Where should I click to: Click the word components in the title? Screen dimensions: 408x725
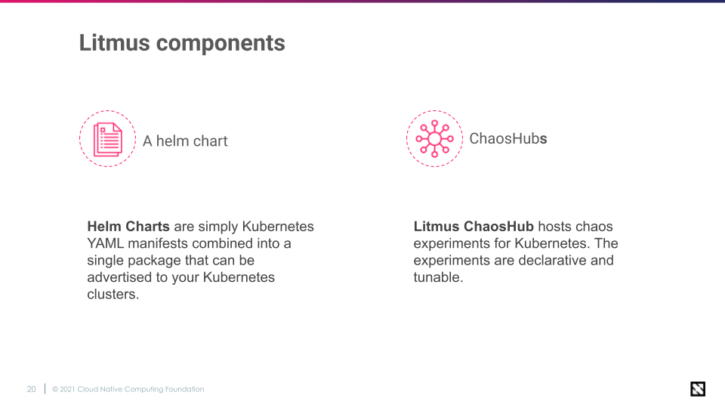tap(221, 43)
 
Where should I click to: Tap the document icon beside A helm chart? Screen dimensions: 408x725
tap(107, 139)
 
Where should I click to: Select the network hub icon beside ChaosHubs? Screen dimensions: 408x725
tap(434, 138)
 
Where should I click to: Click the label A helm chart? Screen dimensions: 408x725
tap(185, 141)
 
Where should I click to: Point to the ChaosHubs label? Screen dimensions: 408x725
tap(507, 139)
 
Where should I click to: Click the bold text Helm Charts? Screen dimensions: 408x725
tap(128, 227)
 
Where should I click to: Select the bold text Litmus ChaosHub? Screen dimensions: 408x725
tap(474, 227)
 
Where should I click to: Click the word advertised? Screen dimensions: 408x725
tap(122, 277)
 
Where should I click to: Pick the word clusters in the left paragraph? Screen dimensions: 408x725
tap(113, 295)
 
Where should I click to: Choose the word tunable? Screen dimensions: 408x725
tap(437, 277)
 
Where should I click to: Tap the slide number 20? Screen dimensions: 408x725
tap(31, 390)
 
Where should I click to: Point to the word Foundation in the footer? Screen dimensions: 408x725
tap(184, 390)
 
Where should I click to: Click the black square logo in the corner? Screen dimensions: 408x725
tap(698, 389)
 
